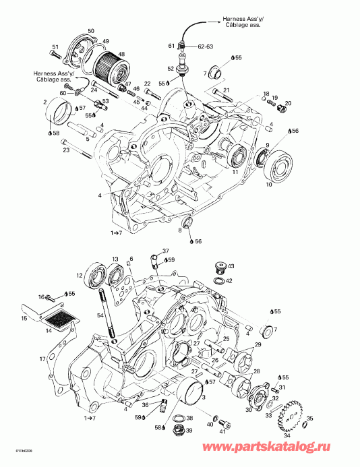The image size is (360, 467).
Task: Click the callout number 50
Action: pyautogui.click(x=91, y=31)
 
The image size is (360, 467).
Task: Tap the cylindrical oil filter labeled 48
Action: pyautogui.click(x=109, y=68)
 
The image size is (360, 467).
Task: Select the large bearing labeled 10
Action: pyautogui.click(x=278, y=166)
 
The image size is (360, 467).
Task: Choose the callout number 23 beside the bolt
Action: pyautogui.click(x=65, y=150)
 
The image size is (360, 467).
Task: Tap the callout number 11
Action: pyautogui.click(x=235, y=173)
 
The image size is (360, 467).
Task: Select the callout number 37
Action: pyautogui.click(x=167, y=250)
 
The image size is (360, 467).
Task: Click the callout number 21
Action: pyautogui.click(x=227, y=90)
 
